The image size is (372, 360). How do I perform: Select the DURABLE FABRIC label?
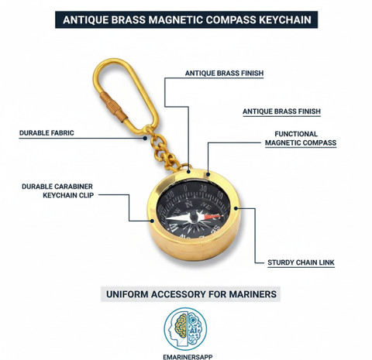coord(46,133)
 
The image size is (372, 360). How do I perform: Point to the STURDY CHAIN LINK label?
coord(301,262)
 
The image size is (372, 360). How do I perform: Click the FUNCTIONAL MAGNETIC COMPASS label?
coord(301,139)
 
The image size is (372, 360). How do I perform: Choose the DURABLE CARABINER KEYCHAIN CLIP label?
coord(57,190)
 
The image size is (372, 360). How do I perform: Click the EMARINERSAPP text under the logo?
coord(188,357)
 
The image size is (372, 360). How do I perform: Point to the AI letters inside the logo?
coord(193,331)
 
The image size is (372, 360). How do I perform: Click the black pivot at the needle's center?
coord(194,217)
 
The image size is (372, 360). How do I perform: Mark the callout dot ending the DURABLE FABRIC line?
coord(145,138)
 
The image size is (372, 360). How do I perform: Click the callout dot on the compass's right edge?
coord(236,208)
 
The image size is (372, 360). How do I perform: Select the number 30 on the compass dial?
coord(203,189)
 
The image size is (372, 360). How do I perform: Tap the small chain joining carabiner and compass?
coord(164,149)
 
